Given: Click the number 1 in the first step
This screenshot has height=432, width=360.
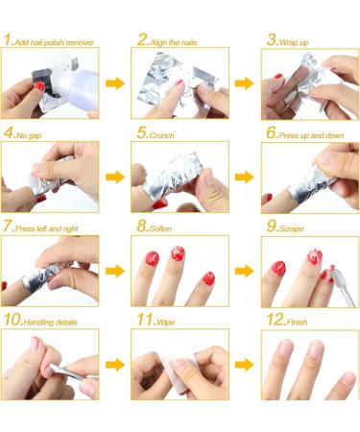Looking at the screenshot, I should (x=8, y=40).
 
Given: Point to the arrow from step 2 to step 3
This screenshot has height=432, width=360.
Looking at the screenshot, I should (x=244, y=84).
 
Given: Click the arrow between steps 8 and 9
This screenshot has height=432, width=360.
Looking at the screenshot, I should (x=244, y=272).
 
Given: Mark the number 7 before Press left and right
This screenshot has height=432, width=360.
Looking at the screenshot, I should (x=8, y=227).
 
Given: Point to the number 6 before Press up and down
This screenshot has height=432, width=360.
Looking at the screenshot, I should (x=270, y=133).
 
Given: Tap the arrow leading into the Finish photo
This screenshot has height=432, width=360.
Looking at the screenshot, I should (x=244, y=366).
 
